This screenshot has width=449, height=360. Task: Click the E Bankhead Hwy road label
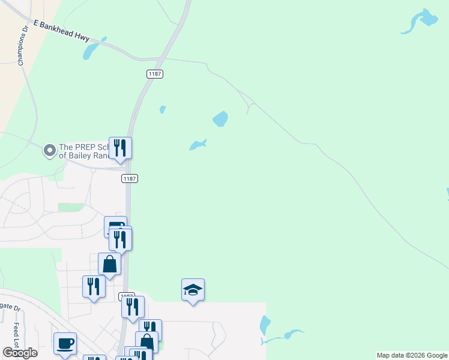click(62, 31)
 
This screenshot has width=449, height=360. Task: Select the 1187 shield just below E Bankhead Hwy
click(155, 74)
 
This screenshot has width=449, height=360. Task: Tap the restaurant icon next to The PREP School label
click(120, 148)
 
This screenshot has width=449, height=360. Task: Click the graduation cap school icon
click(193, 290)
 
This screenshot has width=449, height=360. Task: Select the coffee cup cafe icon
click(65, 344)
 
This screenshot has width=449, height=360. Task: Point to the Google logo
click(20, 352)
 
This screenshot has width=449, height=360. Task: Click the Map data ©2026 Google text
click(412, 355)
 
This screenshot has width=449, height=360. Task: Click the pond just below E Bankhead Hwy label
click(91, 52)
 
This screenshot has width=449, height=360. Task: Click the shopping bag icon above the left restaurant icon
click(110, 264)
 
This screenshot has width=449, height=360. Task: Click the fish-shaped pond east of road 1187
click(197, 145)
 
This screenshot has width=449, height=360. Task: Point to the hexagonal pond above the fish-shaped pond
click(220, 119)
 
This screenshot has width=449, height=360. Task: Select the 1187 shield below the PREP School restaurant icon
click(130, 179)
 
